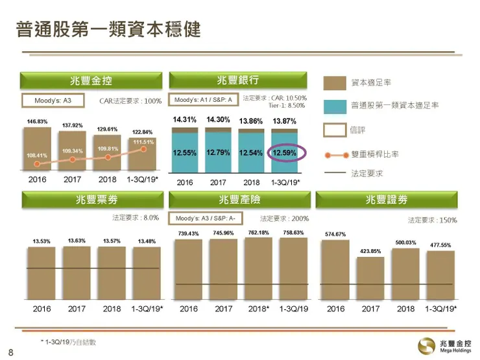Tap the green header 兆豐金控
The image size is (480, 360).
(x=91, y=80)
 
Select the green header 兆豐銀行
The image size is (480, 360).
(x=238, y=80)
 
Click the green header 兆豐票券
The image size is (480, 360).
(x=91, y=200)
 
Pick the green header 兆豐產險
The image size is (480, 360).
(x=238, y=200)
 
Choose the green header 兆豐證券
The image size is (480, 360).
(x=385, y=200)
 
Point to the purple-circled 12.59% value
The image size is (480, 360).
(x=285, y=153)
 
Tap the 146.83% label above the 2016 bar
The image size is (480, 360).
(x=37, y=121)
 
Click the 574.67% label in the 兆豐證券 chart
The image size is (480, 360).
(x=335, y=234)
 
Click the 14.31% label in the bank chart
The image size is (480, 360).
(x=185, y=120)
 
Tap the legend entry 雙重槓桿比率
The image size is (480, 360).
(x=374, y=154)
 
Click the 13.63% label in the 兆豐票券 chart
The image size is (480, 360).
(x=77, y=241)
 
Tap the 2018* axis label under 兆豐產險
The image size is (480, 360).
(x=259, y=309)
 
